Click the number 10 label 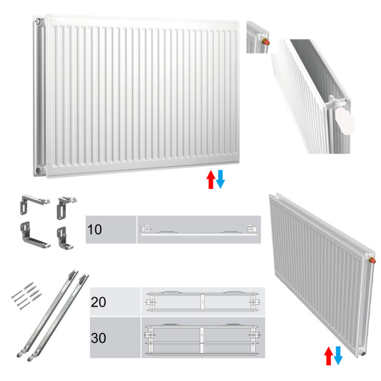[95, 230]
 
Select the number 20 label [98, 302]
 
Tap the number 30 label [98, 338]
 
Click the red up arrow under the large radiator [211, 180]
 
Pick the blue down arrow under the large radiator [220, 180]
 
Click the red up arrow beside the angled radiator [328, 356]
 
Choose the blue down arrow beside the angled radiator [338, 356]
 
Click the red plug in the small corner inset [266, 42]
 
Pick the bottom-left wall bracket [35, 235]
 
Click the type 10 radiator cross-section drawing [199, 230]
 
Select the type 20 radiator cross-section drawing [203, 302]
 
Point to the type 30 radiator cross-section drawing [203, 338]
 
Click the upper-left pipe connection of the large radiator [38, 21]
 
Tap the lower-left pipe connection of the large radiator [39, 170]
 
